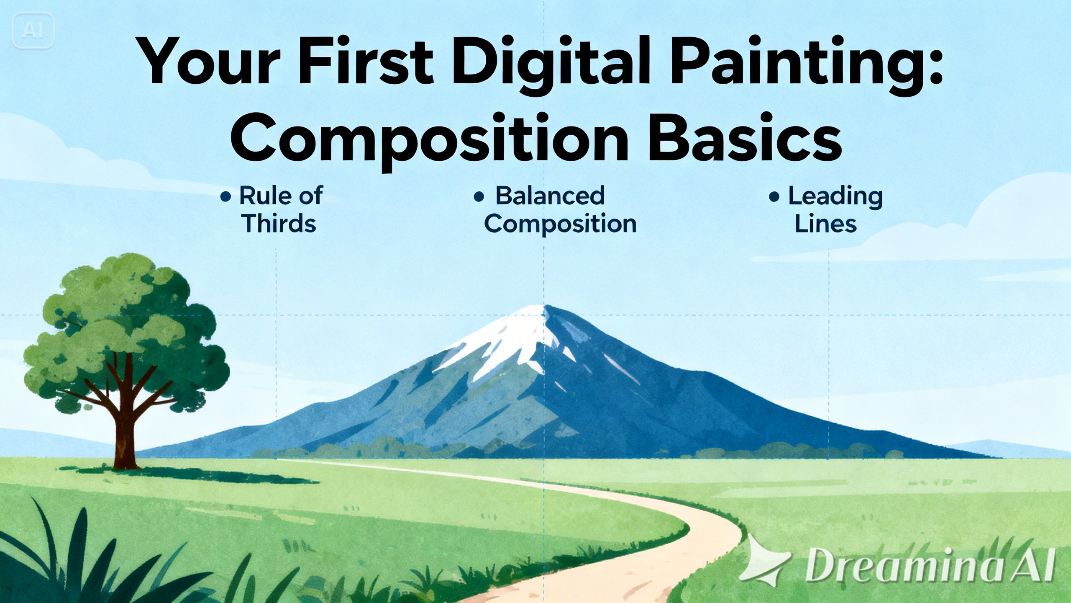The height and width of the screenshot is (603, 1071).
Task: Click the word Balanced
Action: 550,195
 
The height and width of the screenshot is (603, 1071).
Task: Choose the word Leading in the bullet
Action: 835,197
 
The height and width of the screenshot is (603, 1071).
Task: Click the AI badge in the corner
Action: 33,30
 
